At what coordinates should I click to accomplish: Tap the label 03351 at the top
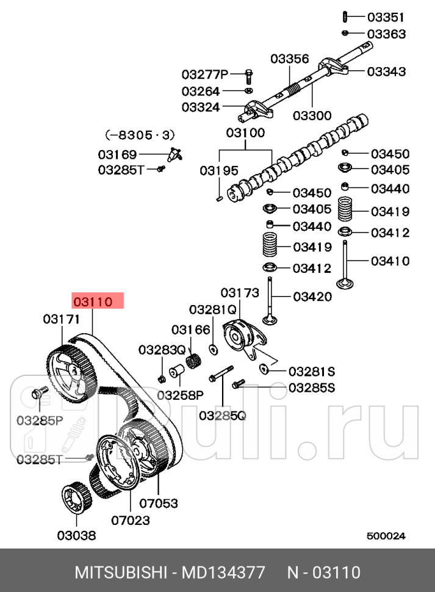coord(386,16)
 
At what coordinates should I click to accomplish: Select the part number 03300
coord(312,115)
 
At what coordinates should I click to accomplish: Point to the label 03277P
coord(204,74)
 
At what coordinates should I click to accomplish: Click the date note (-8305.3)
coord(138,134)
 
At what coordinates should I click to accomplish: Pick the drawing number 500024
coord(386,536)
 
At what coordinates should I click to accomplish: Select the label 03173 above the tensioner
coord(240,293)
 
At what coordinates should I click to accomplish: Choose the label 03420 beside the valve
coord(312,297)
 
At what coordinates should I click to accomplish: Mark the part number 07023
coord(131,521)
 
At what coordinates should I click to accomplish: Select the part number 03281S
coord(312,371)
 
